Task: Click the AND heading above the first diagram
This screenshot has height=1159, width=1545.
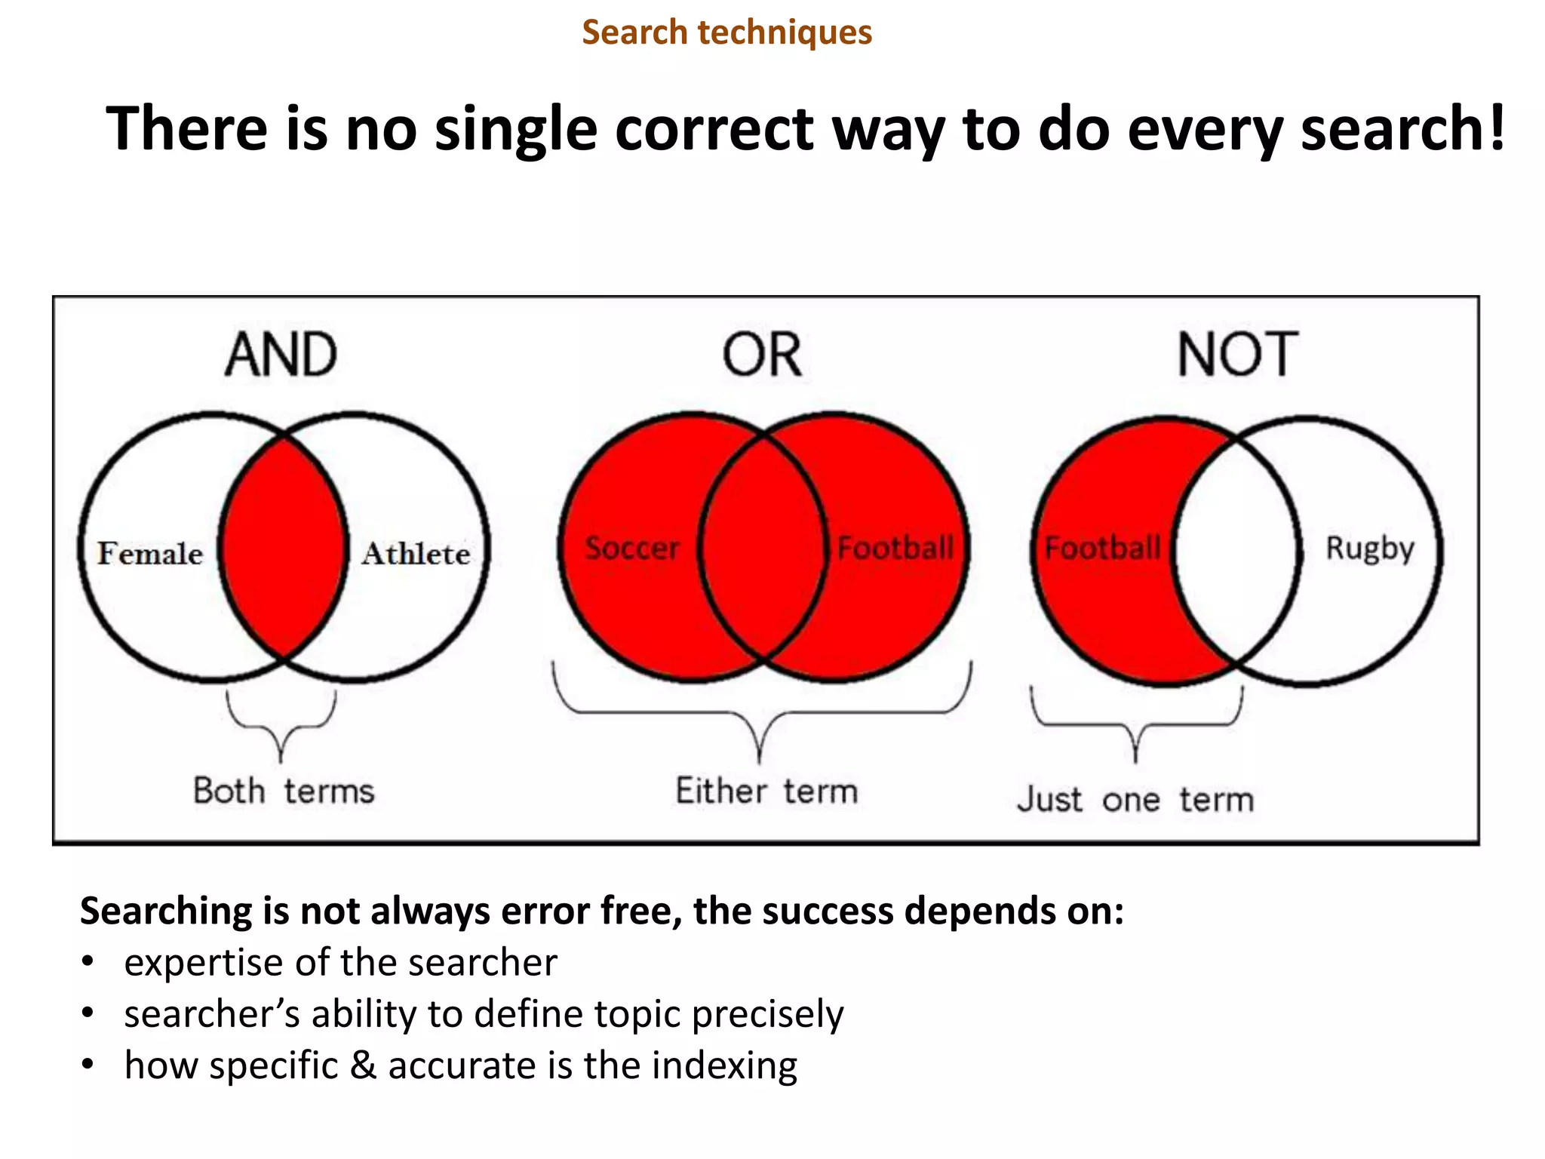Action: coord(281,355)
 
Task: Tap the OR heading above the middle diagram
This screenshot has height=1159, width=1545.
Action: coord(762,355)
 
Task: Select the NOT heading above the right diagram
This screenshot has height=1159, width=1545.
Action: coord(1238,355)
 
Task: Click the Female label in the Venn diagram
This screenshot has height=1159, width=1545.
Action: coord(150,554)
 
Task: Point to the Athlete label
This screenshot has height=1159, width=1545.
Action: coord(416,554)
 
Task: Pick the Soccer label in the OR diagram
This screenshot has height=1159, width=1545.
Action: coord(632,549)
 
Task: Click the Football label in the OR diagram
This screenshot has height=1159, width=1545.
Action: coord(895,549)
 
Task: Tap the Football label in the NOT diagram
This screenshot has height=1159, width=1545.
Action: coord(1102,549)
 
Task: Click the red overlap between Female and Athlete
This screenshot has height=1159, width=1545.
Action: coord(284,549)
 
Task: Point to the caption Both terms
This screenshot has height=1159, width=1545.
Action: coord(284,792)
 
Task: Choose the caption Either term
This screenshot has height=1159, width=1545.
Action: coord(766,792)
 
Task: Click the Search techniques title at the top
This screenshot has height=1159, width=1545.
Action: coord(726,32)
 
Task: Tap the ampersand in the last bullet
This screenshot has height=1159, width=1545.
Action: coord(363,1065)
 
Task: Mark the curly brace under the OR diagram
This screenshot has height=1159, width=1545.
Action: coord(760,713)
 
